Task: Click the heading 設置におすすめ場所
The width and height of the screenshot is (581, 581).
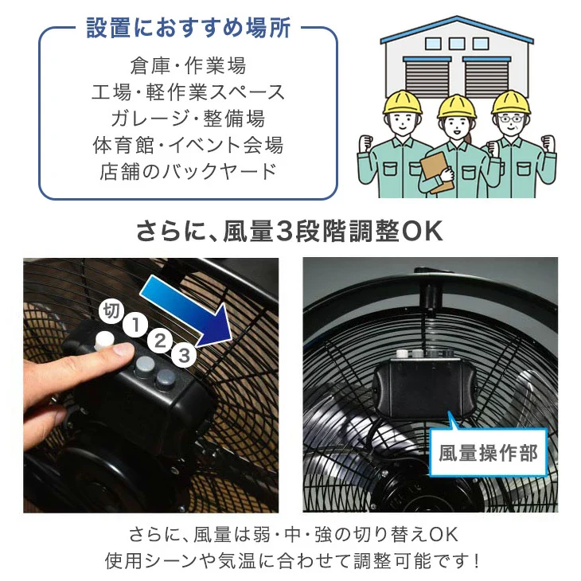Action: (x=189, y=28)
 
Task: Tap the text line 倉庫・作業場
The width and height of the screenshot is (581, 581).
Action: (x=189, y=65)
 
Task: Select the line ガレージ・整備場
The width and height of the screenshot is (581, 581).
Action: (x=189, y=119)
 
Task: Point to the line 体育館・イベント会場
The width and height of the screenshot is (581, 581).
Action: (x=189, y=145)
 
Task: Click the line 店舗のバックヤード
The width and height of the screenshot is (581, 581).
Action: (x=189, y=171)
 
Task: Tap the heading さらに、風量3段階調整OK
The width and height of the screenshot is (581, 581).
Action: (x=290, y=232)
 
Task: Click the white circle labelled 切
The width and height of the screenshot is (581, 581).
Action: (x=111, y=310)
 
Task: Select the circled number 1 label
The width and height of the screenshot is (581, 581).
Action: (x=135, y=325)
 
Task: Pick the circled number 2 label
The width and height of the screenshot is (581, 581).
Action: (x=160, y=340)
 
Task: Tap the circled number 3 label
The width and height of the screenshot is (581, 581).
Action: (x=184, y=355)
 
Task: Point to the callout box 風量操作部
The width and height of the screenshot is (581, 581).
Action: (x=488, y=452)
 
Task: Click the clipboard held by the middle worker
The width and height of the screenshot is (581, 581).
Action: (x=436, y=172)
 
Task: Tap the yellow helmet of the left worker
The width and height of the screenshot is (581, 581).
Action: (x=403, y=102)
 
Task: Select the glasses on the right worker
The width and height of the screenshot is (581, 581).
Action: (x=511, y=119)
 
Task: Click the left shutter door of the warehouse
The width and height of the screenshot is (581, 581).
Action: (x=427, y=78)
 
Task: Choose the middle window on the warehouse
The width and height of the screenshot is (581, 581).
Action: (x=457, y=44)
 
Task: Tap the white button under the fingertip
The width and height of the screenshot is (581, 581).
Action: (x=104, y=340)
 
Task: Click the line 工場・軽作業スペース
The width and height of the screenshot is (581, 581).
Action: (x=189, y=92)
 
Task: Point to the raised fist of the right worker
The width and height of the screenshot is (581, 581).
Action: (x=548, y=145)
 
